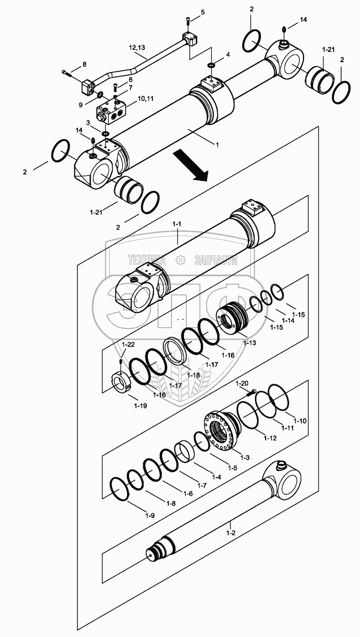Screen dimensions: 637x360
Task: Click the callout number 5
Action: [x=202, y=12]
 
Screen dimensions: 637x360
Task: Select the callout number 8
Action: [x=84, y=64]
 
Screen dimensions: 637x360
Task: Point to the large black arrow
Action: [x=191, y=166]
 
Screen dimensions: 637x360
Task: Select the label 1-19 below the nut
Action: [x=141, y=406]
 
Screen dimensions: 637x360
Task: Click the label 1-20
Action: [x=242, y=383]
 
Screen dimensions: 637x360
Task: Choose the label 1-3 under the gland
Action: [x=245, y=458]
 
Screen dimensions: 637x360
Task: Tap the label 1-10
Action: [x=300, y=421]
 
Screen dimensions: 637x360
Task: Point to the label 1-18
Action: [x=193, y=375]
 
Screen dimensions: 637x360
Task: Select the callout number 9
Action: [x=80, y=105]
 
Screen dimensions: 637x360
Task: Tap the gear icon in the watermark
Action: [x=180, y=260]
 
